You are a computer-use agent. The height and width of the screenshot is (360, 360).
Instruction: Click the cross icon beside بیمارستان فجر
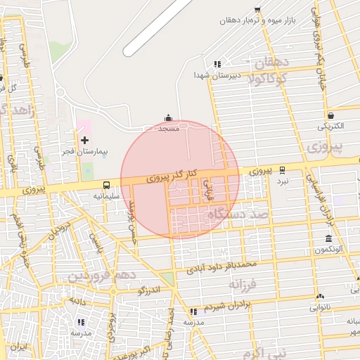(x=85, y=140)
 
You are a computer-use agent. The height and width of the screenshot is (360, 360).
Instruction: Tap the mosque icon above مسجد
(x=168, y=119)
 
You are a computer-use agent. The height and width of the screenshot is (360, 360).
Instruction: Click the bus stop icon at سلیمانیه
(x=105, y=185)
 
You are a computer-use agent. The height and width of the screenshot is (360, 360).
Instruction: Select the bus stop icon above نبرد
(x=282, y=169)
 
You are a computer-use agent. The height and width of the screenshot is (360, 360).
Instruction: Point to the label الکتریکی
(x=330, y=127)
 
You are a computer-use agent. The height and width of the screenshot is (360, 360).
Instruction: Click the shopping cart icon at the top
(x=257, y=9)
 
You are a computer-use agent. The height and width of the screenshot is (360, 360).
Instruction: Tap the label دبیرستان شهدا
(x=217, y=74)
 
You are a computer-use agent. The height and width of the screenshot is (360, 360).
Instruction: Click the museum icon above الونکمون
(x=328, y=238)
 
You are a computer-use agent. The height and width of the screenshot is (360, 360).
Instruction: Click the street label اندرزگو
(x=150, y=290)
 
